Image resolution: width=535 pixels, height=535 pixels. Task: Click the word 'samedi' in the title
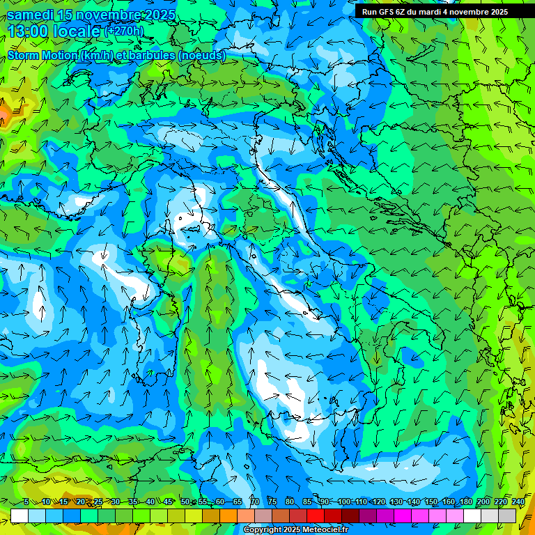click(31, 15)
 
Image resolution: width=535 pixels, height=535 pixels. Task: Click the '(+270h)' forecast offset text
click(124, 31)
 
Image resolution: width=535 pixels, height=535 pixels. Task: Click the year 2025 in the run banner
click(497, 12)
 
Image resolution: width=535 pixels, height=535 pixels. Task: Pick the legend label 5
click(26, 502)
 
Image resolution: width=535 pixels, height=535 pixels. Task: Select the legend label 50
click(185, 502)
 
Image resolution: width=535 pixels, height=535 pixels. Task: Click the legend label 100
click(344, 502)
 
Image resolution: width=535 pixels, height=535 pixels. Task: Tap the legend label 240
click(518, 502)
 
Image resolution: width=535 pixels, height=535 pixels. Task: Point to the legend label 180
click(466, 502)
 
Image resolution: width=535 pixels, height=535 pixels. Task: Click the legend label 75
click(272, 502)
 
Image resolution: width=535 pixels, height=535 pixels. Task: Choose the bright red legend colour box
click(316, 515)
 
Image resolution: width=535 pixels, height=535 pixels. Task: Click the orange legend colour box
click(228, 515)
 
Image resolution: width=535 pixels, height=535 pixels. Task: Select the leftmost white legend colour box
click(20, 515)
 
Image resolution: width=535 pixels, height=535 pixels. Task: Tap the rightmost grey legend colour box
click(507, 515)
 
